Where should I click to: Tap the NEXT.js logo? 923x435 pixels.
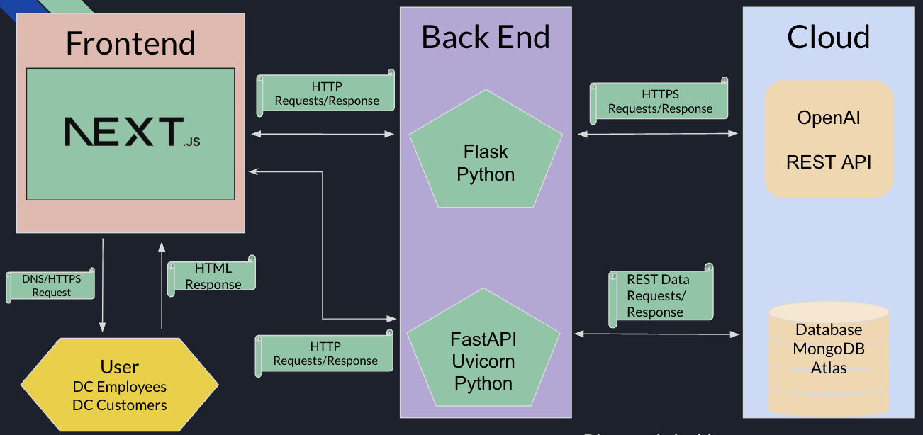(132, 132)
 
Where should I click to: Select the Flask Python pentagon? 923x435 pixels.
(486, 164)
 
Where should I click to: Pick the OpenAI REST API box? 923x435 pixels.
(829, 139)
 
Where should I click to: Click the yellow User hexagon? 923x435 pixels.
(120, 385)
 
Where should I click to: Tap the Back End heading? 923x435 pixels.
(486, 37)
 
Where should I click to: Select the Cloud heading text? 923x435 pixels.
(828, 37)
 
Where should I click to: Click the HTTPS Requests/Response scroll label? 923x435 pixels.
(660, 101)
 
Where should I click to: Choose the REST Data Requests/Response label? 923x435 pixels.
(660, 295)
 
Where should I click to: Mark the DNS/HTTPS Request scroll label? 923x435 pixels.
(51, 286)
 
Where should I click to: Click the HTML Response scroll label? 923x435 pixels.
(212, 276)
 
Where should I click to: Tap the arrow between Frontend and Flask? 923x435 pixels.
(323, 134)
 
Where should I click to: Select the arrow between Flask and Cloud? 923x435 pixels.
(658, 133)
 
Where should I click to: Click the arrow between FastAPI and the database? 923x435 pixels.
(657, 333)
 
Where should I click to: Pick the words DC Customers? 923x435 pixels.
(120, 405)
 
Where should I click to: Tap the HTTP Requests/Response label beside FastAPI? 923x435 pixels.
(325, 353)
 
